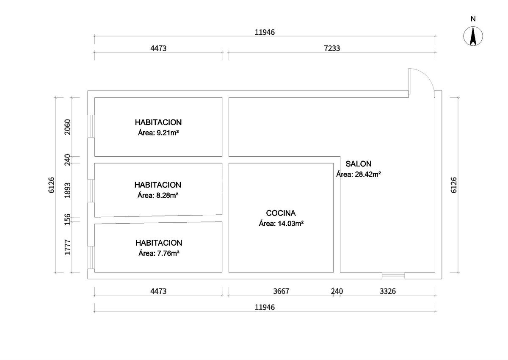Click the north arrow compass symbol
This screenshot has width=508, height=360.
pyautogui.click(x=473, y=36)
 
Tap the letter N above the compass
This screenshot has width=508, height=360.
pyautogui.click(x=473, y=19)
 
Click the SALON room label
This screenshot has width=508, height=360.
pyautogui.click(x=359, y=164)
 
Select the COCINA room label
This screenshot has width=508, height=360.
pyautogui.click(x=281, y=213)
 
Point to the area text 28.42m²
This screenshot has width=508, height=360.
pyautogui.click(x=359, y=174)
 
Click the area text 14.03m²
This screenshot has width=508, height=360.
pyautogui.click(x=282, y=223)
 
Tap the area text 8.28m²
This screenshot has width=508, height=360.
pyautogui.click(x=158, y=195)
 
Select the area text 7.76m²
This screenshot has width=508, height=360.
pyautogui.click(x=159, y=253)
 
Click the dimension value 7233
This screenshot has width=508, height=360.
pyautogui.click(x=332, y=48)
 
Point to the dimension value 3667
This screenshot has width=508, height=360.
pyautogui.click(x=281, y=291)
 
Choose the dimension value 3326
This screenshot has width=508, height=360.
pyautogui.click(x=388, y=291)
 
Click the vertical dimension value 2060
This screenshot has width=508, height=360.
pyautogui.click(x=67, y=126)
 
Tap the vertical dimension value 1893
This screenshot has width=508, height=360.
pyautogui.click(x=67, y=190)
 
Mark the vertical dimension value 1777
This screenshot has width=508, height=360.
pyautogui.click(x=67, y=247)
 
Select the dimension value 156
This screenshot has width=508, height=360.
pyautogui.click(x=67, y=219)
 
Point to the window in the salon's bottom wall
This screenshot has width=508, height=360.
pyautogui.click(x=393, y=276)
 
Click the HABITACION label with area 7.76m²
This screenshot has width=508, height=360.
pyautogui.click(x=159, y=243)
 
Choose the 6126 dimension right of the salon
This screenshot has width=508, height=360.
pyautogui.click(x=454, y=185)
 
